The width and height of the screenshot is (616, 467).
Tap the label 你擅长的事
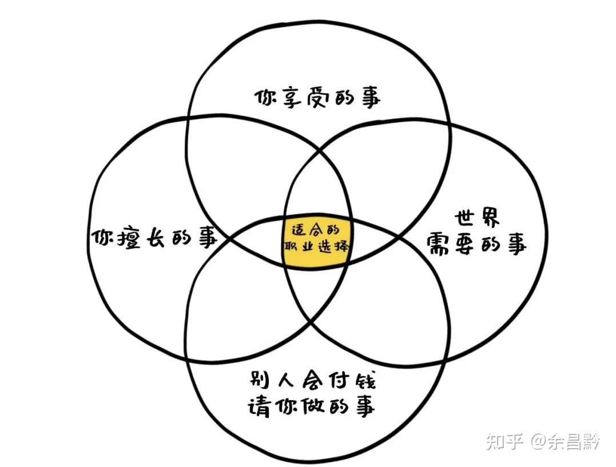coord(154,237)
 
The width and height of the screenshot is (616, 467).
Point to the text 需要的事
coord(476,246)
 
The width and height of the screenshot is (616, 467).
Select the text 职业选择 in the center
coord(316,248)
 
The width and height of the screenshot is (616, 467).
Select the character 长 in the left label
coord(154,237)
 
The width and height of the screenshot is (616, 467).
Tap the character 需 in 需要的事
coord(437,246)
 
